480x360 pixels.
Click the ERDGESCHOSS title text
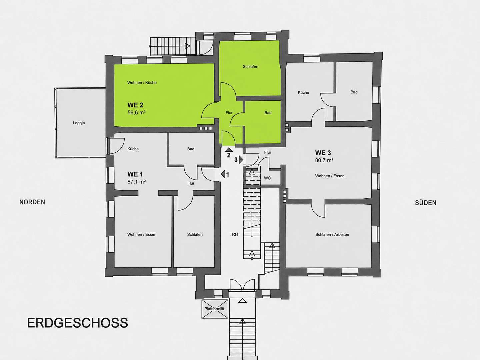[x=78, y=323]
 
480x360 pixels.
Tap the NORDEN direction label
[x=32, y=202]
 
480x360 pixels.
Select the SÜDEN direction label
[x=426, y=203]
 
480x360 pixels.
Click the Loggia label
[x=79, y=123]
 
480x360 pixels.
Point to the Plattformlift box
[x=215, y=309]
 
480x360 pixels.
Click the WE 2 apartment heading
[x=135, y=105]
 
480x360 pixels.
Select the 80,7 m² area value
[x=324, y=160]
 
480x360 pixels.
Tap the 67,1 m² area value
[x=136, y=182]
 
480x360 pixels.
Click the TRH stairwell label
[x=234, y=234]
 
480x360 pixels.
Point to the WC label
[x=267, y=178]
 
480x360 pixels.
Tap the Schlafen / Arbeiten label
[x=332, y=235]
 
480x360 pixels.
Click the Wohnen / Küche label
[x=142, y=83]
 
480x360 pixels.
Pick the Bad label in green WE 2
[x=268, y=113]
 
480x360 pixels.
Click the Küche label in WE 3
[x=303, y=92]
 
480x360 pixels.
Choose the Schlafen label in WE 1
[x=195, y=235]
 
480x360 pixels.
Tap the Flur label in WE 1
[x=191, y=183]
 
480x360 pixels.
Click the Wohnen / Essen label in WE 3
[x=330, y=176]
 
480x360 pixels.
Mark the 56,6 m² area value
[x=136, y=113]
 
